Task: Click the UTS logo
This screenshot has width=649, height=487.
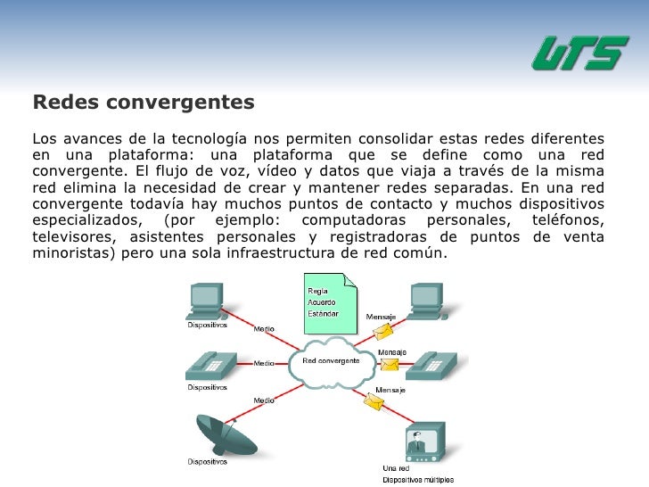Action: [x=579, y=54]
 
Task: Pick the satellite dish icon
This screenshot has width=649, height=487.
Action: [x=214, y=433]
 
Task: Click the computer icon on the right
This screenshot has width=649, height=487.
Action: [x=429, y=301]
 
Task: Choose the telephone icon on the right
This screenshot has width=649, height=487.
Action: [x=436, y=363]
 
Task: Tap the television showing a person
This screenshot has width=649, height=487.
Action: [x=424, y=441]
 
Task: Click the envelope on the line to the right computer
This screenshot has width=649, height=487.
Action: [x=382, y=331]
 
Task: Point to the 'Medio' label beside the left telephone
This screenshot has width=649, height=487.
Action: [x=264, y=363]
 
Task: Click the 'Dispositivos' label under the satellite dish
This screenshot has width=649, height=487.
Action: [x=207, y=462]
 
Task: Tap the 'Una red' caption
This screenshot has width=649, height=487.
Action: [x=396, y=468]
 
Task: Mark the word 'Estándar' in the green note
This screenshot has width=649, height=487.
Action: [x=323, y=313]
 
